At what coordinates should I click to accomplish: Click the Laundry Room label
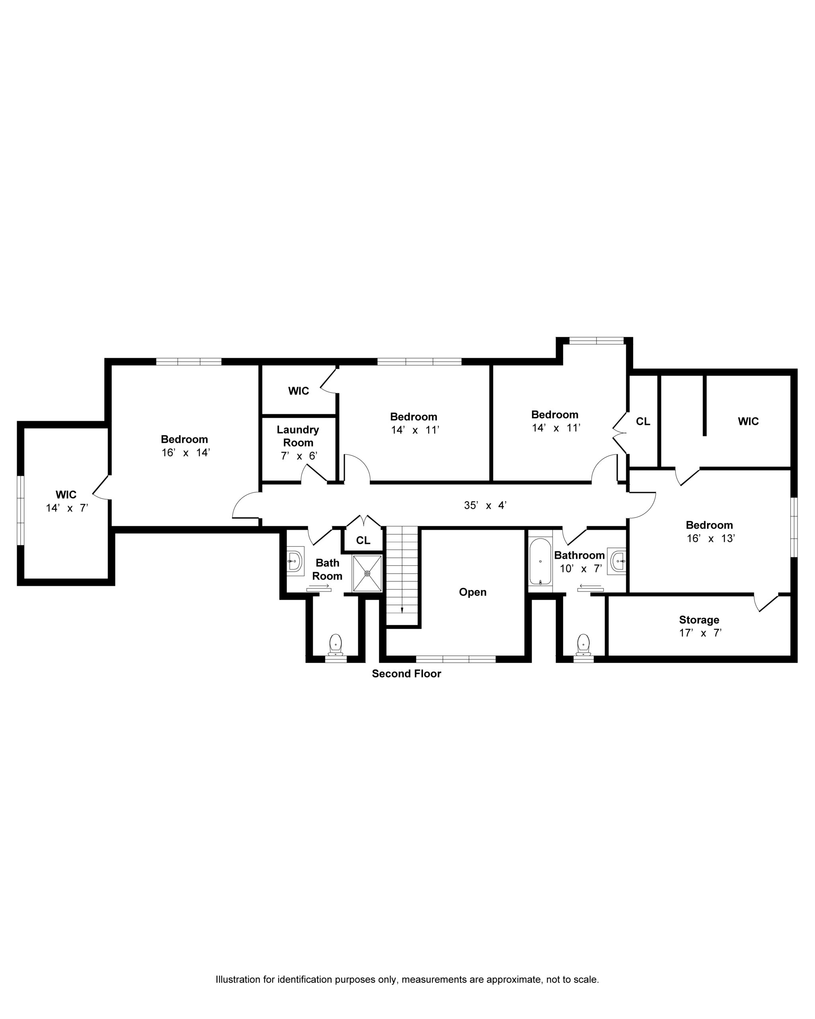click(x=298, y=436)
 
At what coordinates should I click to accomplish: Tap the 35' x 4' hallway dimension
click(x=485, y=505)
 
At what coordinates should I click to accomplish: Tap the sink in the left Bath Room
click(x=295, y=561)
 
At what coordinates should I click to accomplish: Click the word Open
click(x=472, y=592)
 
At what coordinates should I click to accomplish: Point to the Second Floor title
click(x=406, y=673)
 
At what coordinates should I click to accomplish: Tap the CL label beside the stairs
click(x=363, y=540)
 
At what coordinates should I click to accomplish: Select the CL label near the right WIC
click(x=643, y=421)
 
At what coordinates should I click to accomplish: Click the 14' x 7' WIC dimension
click(x=67, y=508)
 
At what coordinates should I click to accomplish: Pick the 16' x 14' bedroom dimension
click(x=186, y=452)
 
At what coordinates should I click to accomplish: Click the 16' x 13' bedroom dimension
click(x=711, y=538)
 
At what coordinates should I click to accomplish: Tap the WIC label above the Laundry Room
click(x=298, y=391)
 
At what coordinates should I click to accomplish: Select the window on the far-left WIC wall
click(x=20, y=510)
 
